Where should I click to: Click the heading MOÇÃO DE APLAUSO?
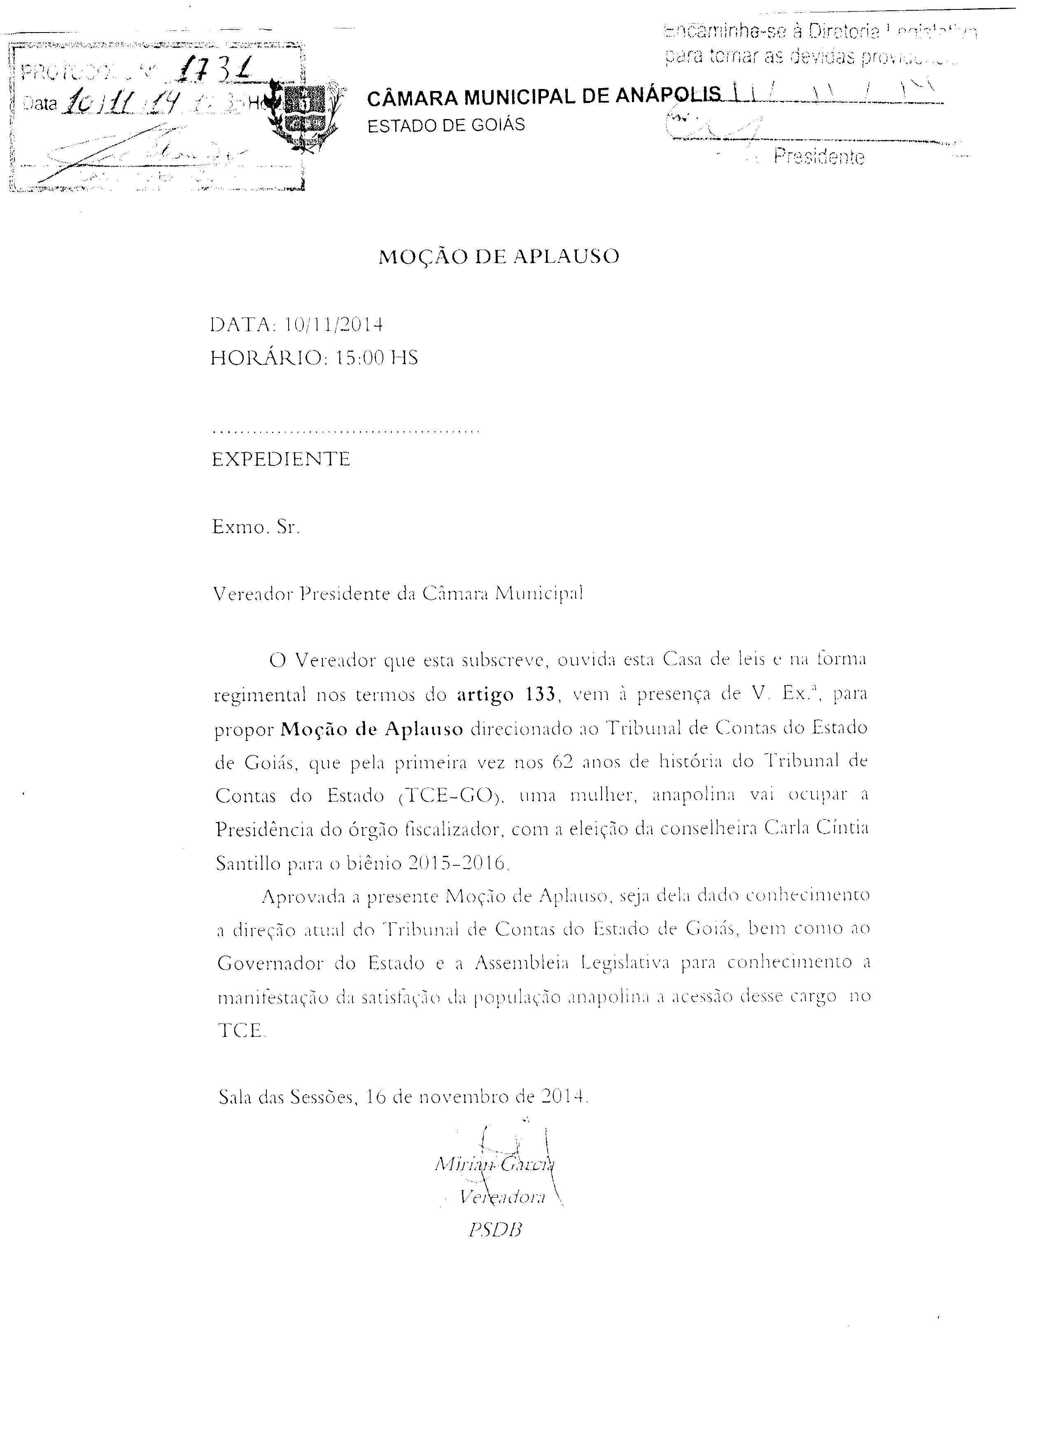tap(499, 257)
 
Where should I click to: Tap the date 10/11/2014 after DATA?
tap(333, 325)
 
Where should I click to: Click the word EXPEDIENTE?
tap(281, 459)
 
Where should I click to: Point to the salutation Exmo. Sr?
tap(256, 528)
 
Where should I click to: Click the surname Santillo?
tap(248, 864)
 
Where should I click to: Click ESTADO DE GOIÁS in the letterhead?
tap(446, 124)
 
